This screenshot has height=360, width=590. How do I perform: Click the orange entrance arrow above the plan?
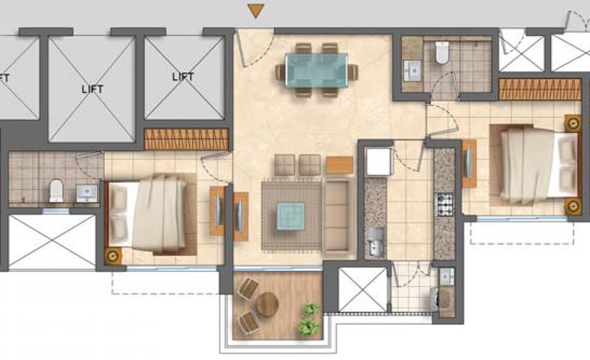click(257, 10)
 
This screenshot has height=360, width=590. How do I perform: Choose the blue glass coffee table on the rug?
click(290, 214)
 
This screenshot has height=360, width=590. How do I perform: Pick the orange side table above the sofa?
click(339, 164)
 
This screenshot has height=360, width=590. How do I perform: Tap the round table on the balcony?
click(267, 304)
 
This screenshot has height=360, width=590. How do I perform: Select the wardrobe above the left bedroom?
click(186, 139)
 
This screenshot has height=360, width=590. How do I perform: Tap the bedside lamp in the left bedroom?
click(112, 255)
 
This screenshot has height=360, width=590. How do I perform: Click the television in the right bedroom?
click(469, 164)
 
